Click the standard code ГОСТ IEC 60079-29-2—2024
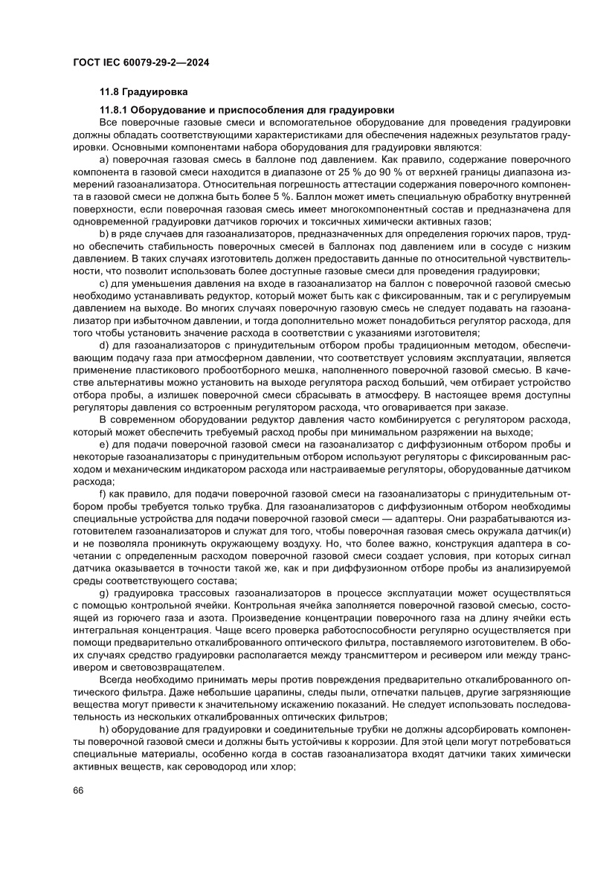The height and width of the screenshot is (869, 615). [x=141, y=64]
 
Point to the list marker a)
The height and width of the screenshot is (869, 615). [x=104, y=160]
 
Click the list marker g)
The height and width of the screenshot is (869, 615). [x=104, y=592]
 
